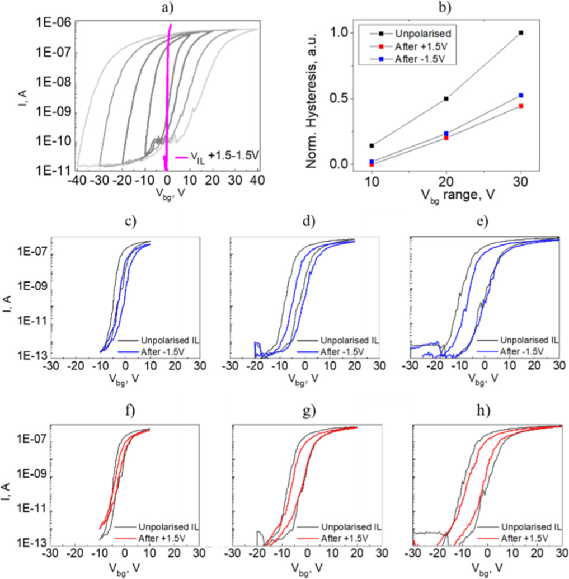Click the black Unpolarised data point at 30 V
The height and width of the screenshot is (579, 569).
(x=521, y=33)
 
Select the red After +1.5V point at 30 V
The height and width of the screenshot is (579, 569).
(x=521, y=106)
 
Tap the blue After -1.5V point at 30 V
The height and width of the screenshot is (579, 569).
(x=521, y=96)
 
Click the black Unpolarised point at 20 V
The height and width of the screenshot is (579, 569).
(x=446, y=98)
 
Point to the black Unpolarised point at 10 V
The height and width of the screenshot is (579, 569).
(x=372, y=146)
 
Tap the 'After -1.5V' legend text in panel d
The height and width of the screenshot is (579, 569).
(x=345, y=350)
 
